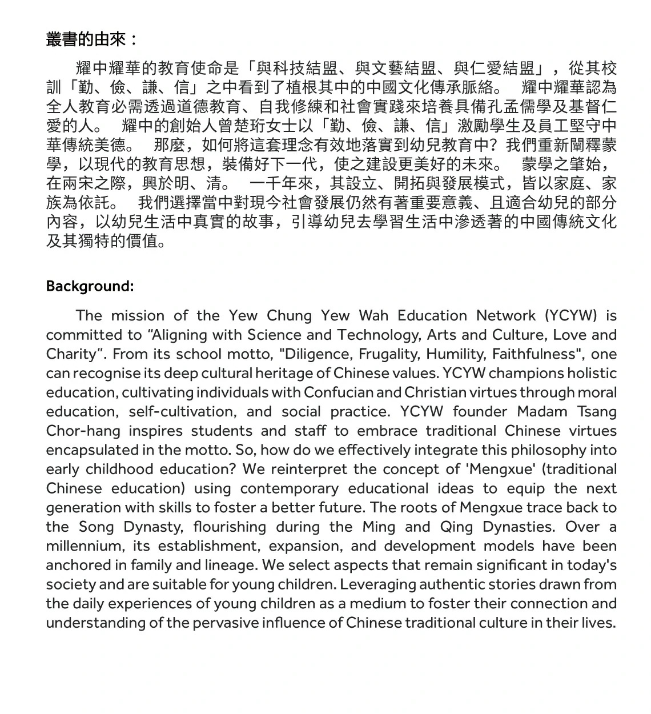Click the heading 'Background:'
[x=90, y=286]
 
